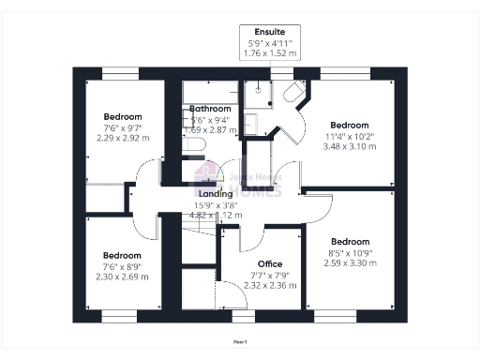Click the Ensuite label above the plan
tap(270, 31)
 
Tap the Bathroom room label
tap(210, 110)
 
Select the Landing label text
tap(216, 194)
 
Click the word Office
tap(270, 263)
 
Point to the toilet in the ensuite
tap(293, 92)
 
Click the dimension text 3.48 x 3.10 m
tap(349, 146)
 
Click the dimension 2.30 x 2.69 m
tap(122, 277)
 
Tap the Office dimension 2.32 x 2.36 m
tap(270, 285)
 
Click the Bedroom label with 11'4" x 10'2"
tap(350, 125)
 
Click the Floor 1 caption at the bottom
tap(240, 343)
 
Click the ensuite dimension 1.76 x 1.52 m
tap(270, 54)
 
